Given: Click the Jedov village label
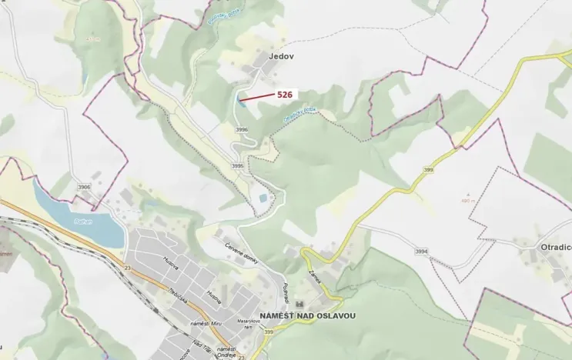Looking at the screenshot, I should (282, 57).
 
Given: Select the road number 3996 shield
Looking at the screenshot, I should (242, 130).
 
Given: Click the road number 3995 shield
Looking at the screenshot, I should (237, 166).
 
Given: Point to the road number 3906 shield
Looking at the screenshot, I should (84, 187).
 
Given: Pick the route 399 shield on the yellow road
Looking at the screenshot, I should (429, 169).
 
